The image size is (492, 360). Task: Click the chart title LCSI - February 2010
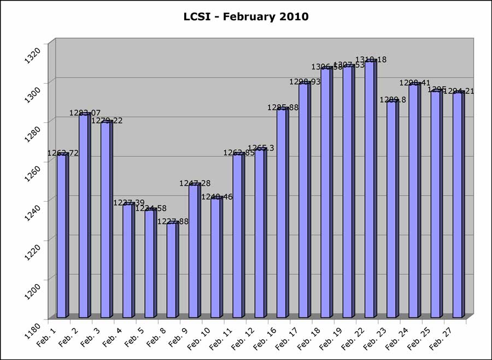tap(246, 17)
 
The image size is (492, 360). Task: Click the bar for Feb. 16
tap(281, 213)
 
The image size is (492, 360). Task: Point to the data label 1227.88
tap(173, 221)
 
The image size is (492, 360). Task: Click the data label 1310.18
tap(371, 60)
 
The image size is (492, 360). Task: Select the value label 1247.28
tap(195, 184)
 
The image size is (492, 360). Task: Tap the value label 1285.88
tap(283, 108)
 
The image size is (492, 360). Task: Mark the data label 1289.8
tap(393, 100)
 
